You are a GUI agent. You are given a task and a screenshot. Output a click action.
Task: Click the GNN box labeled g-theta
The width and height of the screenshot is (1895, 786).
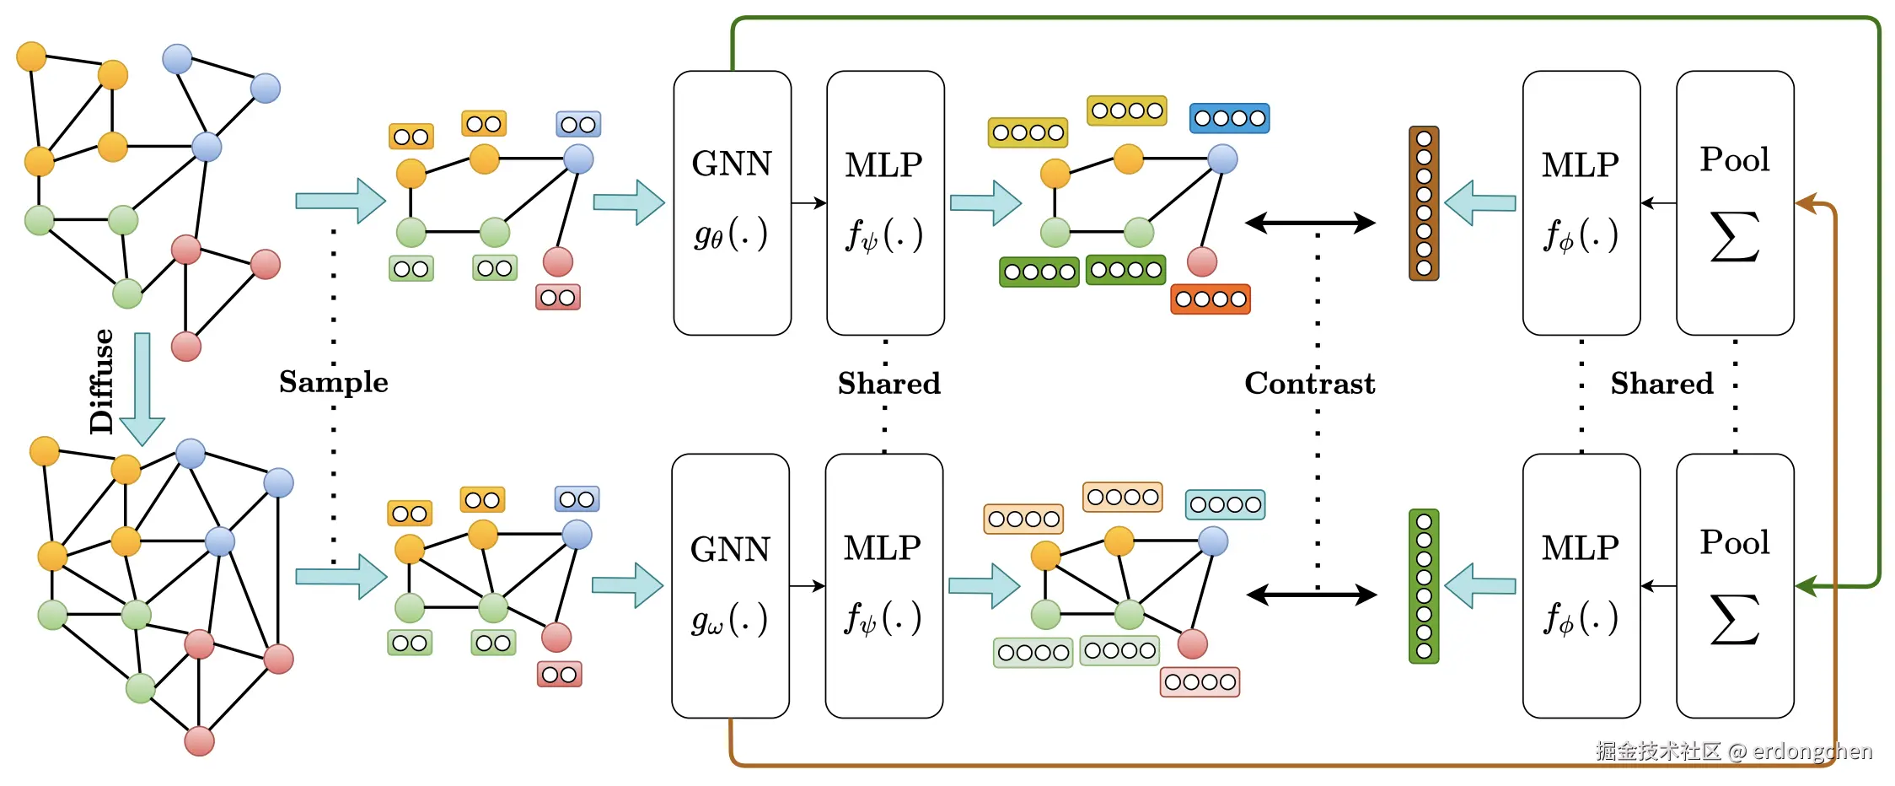pyautogui.click(x=732, y=202)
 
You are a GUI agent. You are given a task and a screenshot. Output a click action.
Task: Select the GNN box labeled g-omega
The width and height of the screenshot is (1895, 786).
pyautogui.click(x=730, y=585)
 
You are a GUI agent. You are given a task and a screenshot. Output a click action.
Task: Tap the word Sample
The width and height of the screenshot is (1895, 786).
pyautogui.click(x=334, y=382)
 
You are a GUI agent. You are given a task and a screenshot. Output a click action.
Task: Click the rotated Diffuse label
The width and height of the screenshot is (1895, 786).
pyautogui.click(x=101, y=381)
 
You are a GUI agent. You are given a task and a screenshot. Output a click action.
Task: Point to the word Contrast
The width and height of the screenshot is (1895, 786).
pyautogui.click(x=1309, y=384)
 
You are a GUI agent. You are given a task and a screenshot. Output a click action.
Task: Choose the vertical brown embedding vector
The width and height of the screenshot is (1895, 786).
pyautogui.click(x=1424, y=203)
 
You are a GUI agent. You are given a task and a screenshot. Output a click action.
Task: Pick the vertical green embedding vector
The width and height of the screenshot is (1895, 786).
pyautogui.click(x=1424, y=586)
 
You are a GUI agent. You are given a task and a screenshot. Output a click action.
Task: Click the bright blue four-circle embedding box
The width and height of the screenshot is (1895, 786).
pyautogui.click(x=1229, y=118)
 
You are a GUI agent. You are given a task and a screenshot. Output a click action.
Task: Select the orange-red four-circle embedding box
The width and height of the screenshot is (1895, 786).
pyautogui.click(x=1211, y=299)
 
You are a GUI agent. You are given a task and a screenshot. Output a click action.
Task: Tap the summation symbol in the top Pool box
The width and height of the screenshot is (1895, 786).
pyautogui.click(x=1734, y=237)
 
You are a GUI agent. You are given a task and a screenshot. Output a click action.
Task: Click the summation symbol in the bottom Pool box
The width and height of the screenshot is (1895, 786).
pyautogui.click(x=1734, y=620)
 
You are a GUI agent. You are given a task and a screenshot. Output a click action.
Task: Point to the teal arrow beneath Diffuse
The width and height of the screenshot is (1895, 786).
pyautogui.click(x=142, y=388)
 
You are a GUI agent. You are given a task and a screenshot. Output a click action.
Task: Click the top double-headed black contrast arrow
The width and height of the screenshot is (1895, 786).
pyautogui.click(x=1310, y=223)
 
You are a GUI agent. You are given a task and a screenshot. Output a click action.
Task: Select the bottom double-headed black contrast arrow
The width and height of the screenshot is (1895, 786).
pyautogui.click(x=1311, y=595)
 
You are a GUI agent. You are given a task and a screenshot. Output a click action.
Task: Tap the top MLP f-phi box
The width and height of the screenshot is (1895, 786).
pyautogui.click(x=1581, y=202)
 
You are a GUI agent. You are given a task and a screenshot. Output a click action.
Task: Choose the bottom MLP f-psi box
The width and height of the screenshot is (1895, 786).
pyautogui.click(x=883, y=585)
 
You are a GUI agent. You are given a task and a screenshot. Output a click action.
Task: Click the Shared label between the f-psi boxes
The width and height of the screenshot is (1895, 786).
pyautogui.click(x=888, y=384)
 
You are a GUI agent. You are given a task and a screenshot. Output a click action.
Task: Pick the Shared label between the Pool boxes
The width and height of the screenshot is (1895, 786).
pyautogui.click(x=1661, y=384)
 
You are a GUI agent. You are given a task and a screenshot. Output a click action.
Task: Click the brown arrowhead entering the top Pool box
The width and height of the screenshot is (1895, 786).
pyautogui.click(x=1804, y=203)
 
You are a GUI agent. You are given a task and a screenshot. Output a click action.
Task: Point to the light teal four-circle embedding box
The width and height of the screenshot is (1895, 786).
pyautogui.click(x=1225, y=504)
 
